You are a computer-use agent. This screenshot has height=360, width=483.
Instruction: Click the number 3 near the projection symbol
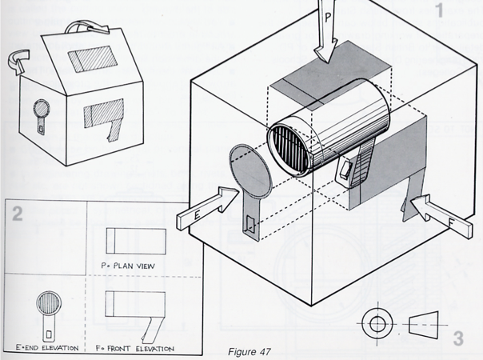[x=458, y=338]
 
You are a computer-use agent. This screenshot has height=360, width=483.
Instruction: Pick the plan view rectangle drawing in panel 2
[x=136, y=239]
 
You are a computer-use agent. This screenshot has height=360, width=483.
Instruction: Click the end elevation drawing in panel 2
[x=46, y=311]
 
